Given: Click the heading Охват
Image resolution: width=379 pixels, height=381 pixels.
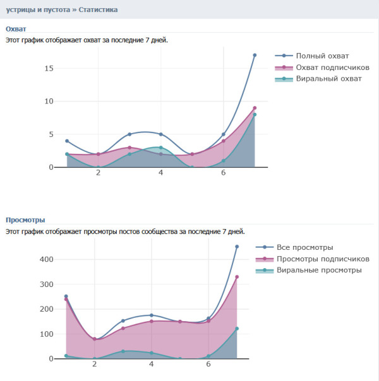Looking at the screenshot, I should (16, 28).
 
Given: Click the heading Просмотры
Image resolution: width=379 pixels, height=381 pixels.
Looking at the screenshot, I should (25, 220).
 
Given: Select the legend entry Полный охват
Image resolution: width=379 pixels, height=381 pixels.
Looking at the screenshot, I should (322, 56).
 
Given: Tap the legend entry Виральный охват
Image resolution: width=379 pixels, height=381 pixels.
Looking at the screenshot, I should (328, 78).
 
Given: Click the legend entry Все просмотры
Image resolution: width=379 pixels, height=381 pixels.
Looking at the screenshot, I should (304, 247).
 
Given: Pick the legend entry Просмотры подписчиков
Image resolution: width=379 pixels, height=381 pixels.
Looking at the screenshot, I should (323, 259).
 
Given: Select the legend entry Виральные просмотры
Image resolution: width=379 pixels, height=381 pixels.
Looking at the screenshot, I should (319, 270).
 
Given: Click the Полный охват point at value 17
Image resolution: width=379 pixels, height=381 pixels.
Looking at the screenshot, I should (255, 55).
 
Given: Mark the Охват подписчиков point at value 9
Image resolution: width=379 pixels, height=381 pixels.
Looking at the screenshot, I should (255, 108).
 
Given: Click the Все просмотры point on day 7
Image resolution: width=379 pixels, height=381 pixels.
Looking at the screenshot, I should (237, 247).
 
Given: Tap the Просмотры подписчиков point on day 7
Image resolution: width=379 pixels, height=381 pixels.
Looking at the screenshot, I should (237, 277).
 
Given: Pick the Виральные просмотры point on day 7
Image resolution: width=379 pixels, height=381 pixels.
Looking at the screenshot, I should (237, 328).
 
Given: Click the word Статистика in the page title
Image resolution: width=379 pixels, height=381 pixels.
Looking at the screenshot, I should (97, 9).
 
